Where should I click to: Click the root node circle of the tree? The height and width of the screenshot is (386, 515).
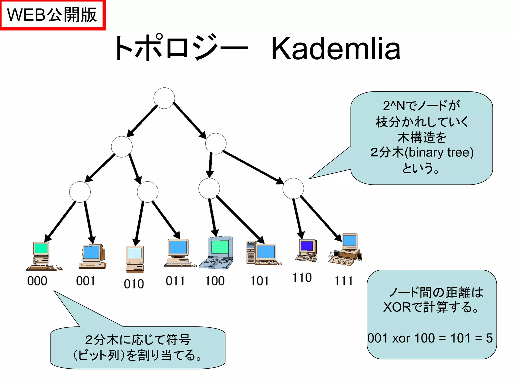pos(164,98)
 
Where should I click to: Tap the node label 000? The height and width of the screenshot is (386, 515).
pos(37,281)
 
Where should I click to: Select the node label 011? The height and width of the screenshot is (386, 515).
pos(175,281)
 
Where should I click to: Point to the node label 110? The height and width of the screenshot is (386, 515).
pos(302,278)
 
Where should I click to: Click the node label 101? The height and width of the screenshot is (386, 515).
pos(260,281)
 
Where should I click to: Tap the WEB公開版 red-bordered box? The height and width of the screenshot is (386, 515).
pos(52,15)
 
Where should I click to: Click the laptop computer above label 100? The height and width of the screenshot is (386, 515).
pos(217,253)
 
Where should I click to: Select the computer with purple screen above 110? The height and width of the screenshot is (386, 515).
pos(307,250)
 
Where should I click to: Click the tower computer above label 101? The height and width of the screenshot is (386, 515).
pos(263,253)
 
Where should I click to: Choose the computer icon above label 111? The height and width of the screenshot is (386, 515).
pos(346,250)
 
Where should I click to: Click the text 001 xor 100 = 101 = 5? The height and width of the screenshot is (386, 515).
pos(430,338)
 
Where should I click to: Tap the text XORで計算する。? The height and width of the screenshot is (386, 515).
pos(431,307)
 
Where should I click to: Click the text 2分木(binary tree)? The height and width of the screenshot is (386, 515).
pos(422,153)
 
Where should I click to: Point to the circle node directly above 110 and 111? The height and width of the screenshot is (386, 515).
pos(293,188)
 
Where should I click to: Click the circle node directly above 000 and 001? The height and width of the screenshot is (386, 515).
pos(80,192)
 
